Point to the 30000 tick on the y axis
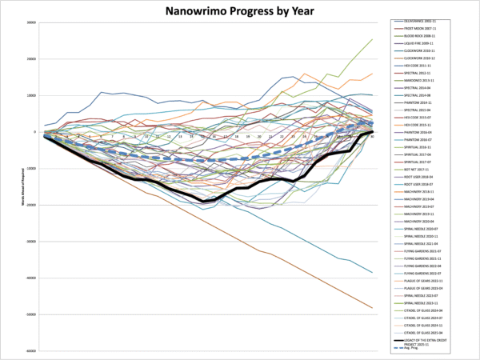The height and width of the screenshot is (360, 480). point(30,22)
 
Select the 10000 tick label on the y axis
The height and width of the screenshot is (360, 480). point(30,95)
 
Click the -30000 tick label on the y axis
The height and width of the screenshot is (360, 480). point(30,242)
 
